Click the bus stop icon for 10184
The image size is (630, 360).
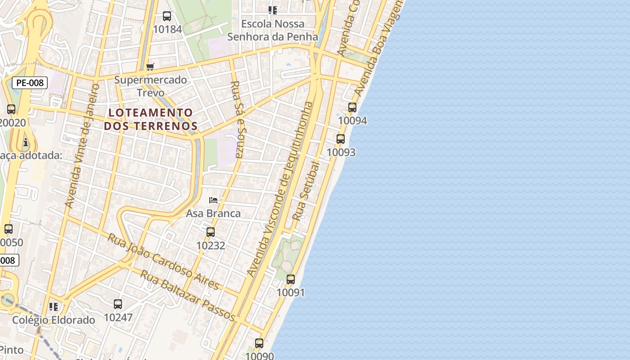click(167, 17)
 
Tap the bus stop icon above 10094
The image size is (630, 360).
click(352, 108)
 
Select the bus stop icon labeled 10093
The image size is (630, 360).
click(341, 139)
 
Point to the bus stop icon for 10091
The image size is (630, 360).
click(291, 279)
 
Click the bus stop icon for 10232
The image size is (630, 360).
click(210, 232)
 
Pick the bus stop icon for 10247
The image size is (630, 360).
click(118, 304)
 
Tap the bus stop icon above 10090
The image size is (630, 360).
click(259, 343)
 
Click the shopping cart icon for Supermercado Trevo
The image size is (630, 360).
click(150, 67)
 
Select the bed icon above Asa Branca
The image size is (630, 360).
click(213, 200)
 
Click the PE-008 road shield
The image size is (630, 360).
click(30, 83)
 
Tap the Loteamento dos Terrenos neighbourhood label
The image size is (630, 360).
click(151, 119)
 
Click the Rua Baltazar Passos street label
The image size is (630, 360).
click(188, 295)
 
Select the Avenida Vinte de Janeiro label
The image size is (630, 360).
click(82, 145)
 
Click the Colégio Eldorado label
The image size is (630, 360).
click(54, 320)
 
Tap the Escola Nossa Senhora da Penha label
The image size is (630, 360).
click(273, 30)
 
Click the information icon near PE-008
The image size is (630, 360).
click(26, 143)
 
